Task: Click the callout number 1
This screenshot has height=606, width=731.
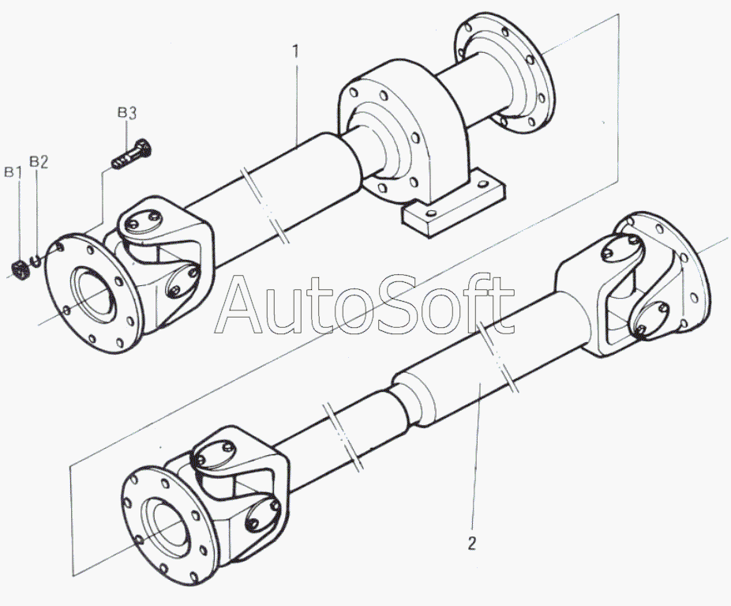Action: (296, 52)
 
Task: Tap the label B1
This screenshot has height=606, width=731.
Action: (12, 171)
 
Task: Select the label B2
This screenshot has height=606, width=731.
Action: (39, 162)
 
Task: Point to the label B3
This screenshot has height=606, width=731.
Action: (127, 113)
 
